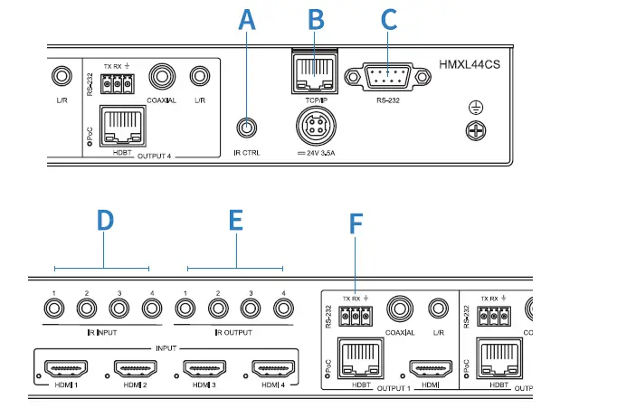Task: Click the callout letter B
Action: pos(315,19)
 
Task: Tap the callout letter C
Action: pos(388,19)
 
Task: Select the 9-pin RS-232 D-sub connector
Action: pos(387,75)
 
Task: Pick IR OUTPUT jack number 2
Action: pos(218,309)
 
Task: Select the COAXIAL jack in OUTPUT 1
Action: pos(398,310)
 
